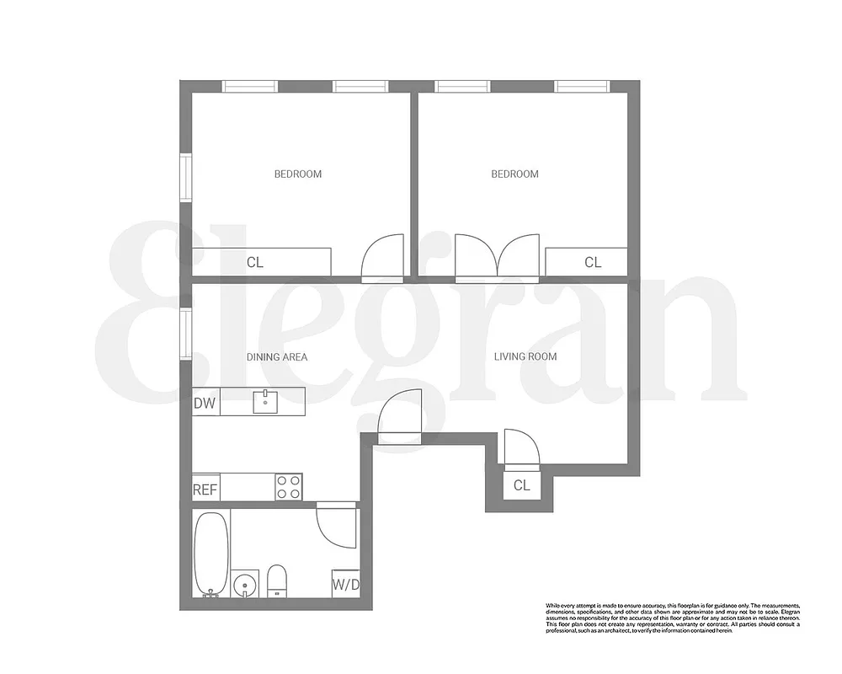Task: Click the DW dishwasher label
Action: pyautogui.click(x=205, y=404)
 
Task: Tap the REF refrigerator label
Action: pyautogui.click(x=205, y=489)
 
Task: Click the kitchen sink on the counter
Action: pyautogui.click(x=265, y=401)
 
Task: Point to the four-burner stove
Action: pyautogui.click(x=289, y=487)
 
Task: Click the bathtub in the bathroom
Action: pyautogui.click(x=210, y=554)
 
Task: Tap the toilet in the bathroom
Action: pyautogui.click(x=277, y=580)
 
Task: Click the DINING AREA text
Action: pyautogui.click(x=276, y=357)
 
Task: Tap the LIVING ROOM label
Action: pyautogui.click(x=525, y=356)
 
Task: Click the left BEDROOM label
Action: pyautogui.click(x=298, y=174)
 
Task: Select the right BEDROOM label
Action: pyautogui.click(x=514, y=174)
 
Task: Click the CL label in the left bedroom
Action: pyautogui.click(x=255, y=263)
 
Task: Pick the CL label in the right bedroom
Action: pyautogui.click(x=593, y=263)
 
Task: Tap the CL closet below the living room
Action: pyautogui.click(x=521, y=486)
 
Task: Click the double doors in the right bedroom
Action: pyautogui.click(x=497, y=256)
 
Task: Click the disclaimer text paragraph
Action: pyautogui.click(x=672, y=618)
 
